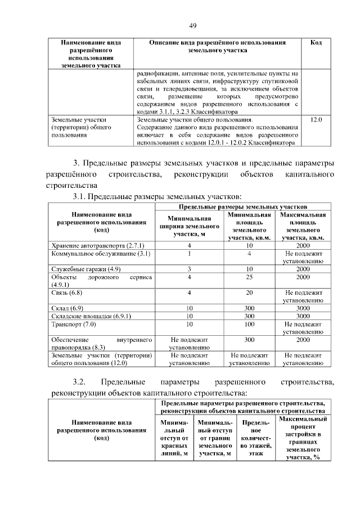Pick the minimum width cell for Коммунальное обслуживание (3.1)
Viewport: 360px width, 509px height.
pos(190,254)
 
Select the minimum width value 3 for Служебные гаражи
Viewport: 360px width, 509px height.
pos(190,269)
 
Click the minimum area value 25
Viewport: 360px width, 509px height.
pos(249,277)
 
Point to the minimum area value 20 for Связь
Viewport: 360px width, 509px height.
pos(249,293)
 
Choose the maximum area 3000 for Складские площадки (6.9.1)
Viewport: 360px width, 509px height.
pos(303,317)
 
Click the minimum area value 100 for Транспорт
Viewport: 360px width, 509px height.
pos(249,325)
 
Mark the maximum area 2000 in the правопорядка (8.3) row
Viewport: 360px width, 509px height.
pos(303,340)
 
